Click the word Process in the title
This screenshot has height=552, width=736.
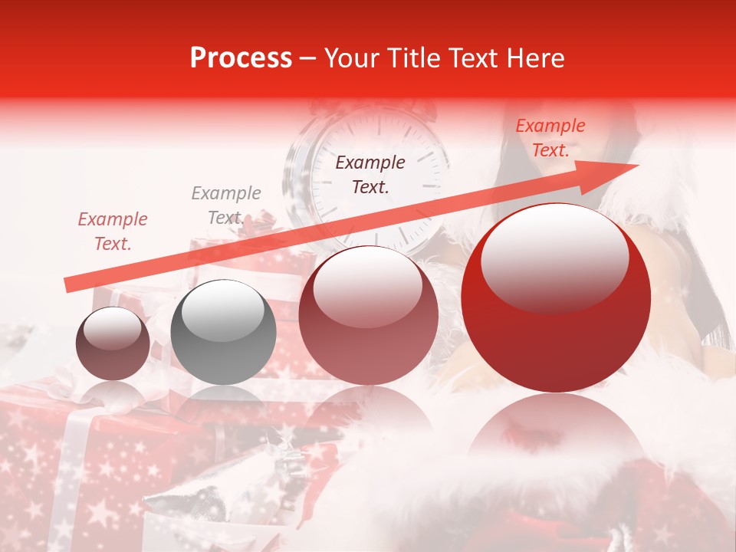tap(241, 58)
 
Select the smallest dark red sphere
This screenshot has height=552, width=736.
tap(113, 343)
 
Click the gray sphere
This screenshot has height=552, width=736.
tap(223, 332)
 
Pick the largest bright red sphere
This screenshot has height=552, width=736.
tap(556, 297)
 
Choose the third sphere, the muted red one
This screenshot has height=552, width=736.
tap(368, 314)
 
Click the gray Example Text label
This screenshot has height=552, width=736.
tap(225, 205)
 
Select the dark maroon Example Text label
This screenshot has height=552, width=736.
tap(370, 174)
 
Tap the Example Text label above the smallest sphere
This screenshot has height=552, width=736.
tap(113, 232)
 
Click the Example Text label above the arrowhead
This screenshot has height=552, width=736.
tap(550, 137)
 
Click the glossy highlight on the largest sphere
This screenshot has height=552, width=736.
tap(554, 257)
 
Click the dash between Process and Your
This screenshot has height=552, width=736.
tap(308, 58)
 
